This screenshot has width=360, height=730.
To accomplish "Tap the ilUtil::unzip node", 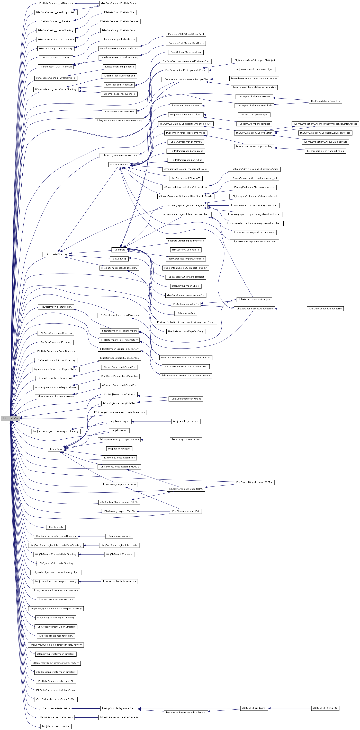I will (x=119, y=250).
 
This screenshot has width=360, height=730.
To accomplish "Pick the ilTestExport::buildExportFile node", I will (x=325, y=101).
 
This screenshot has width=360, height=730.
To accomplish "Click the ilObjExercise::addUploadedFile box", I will (x=325, y=309).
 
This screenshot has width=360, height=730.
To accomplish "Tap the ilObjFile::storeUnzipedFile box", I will (x=56, y=726).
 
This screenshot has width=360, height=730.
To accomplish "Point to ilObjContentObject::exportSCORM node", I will (x=254, y=482).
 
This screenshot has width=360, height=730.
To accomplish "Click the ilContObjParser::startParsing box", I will (x=186, y=399).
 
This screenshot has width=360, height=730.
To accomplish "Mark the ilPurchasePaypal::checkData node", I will (x=119, y=39).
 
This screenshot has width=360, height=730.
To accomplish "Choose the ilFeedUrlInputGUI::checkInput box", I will (x=186, y=52).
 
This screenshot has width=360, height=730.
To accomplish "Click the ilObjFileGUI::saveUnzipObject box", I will (x=254, y=300).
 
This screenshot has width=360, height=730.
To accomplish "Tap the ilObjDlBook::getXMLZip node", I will (x=186, y=421).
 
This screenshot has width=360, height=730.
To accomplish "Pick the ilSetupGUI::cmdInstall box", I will (x=254, y=708).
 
